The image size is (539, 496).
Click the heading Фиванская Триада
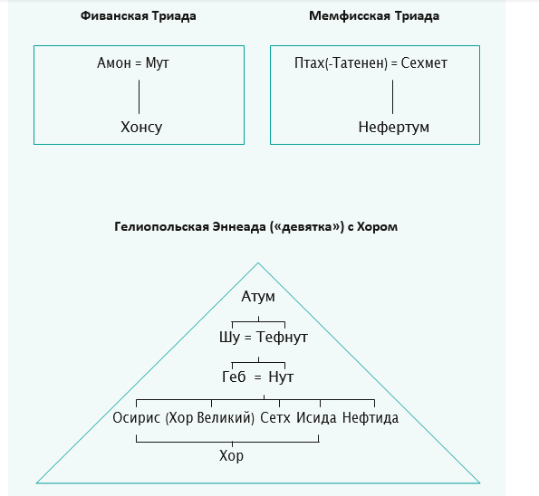(139, 16)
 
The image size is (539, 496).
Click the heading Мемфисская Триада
(374, 16)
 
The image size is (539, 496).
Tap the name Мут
(157, 62)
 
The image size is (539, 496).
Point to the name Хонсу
(141, 127)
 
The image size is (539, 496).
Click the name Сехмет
(424, 62)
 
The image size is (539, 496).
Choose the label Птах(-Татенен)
(341, 63)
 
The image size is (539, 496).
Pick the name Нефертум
(393, 127)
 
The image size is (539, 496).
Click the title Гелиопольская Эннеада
(190, 227)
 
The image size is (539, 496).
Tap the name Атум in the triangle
(258, 297)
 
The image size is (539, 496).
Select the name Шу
(229, 337)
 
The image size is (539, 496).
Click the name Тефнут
(282, 337)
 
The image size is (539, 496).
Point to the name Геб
(234, 377)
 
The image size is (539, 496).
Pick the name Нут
(281, 377)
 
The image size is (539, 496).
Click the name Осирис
(137, 417)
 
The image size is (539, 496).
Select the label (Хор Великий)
(210, 418)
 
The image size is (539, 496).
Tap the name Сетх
(275, 417)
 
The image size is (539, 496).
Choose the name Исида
(316, 418)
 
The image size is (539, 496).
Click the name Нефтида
(371, 418)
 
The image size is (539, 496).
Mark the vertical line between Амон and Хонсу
(139, 97)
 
